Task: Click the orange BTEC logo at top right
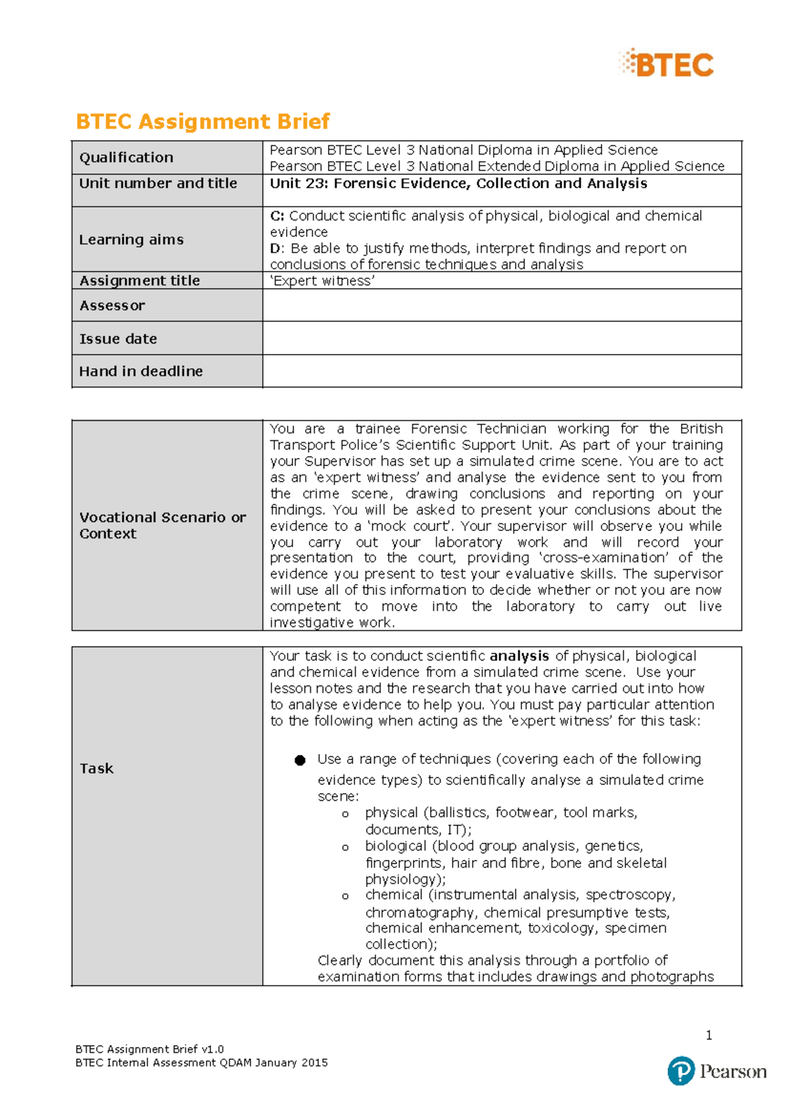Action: (667, 64)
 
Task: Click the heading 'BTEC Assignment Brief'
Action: (203, 121)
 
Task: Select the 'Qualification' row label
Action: (126, 157)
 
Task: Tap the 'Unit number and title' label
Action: (158, 183)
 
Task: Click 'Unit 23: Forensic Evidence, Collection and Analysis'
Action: (458, 183)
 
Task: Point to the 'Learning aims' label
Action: (131, 240)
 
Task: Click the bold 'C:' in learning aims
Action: (277, 216)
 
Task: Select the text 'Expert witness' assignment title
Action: (322, 281)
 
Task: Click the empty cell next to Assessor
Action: (502, 305)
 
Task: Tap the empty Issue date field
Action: (502, 338)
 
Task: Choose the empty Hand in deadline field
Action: (502, 371)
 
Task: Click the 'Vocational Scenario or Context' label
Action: (162, 525)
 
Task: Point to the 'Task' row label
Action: (97, 768)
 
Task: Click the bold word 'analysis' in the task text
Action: (519, 656)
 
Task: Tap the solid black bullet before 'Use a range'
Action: (300, 760)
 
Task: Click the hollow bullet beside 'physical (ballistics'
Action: (345, 815)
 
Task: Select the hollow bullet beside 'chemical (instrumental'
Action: (345, 896)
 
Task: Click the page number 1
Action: (709, 1035)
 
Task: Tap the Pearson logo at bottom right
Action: (716, 1071)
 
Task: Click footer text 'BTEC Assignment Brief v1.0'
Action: (149, 1049)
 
